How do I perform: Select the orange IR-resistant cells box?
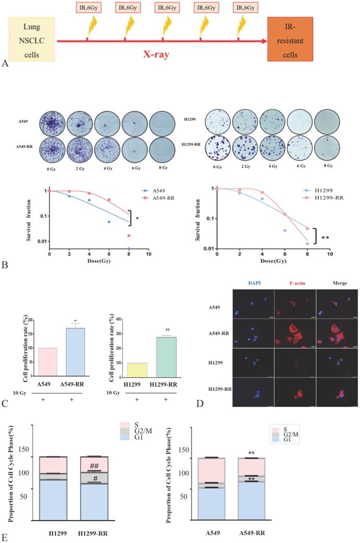[290, 37]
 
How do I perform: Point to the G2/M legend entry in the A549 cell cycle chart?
[296, 438]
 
